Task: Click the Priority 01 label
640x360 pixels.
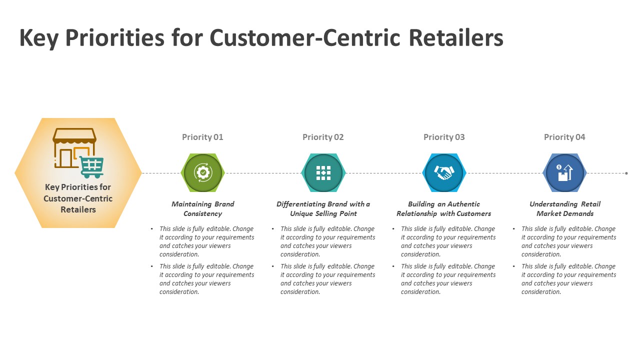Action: click(x=202, y=137)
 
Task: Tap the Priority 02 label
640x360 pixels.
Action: click(x=323, y=137)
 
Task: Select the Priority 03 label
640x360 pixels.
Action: click(x=444, y=137)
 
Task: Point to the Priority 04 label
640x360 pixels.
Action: click(x=564, y=137)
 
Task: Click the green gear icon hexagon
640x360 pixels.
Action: click(x=202, y=173)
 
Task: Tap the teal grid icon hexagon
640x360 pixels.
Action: click(x=323, y=173)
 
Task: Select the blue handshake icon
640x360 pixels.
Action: click(x=444, y=173)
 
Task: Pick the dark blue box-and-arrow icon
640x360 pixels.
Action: click(x=564, y=173)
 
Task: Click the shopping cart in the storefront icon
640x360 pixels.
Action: click(x=91, y=166)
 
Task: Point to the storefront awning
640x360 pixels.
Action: click(x=74, y=135)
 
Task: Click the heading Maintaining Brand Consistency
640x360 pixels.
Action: click(x=202, y=208)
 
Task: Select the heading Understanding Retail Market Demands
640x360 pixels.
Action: click(x=565, y=208)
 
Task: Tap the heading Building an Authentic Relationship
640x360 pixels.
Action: click(x=444, y=208)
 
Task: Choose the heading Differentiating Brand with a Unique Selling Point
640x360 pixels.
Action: click(x=323, y=208)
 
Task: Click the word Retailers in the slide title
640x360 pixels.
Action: click(x=455, y=38)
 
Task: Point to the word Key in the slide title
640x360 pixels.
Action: click(x=38, y=38)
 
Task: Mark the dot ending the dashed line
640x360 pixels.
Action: click(x=626, y=173)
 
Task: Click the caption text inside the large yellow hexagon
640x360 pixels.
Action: click(x=78, y=198)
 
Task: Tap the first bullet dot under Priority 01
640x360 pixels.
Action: click(x=152, y=229)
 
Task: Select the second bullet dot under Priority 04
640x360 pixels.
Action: click(x=514, y=266)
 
